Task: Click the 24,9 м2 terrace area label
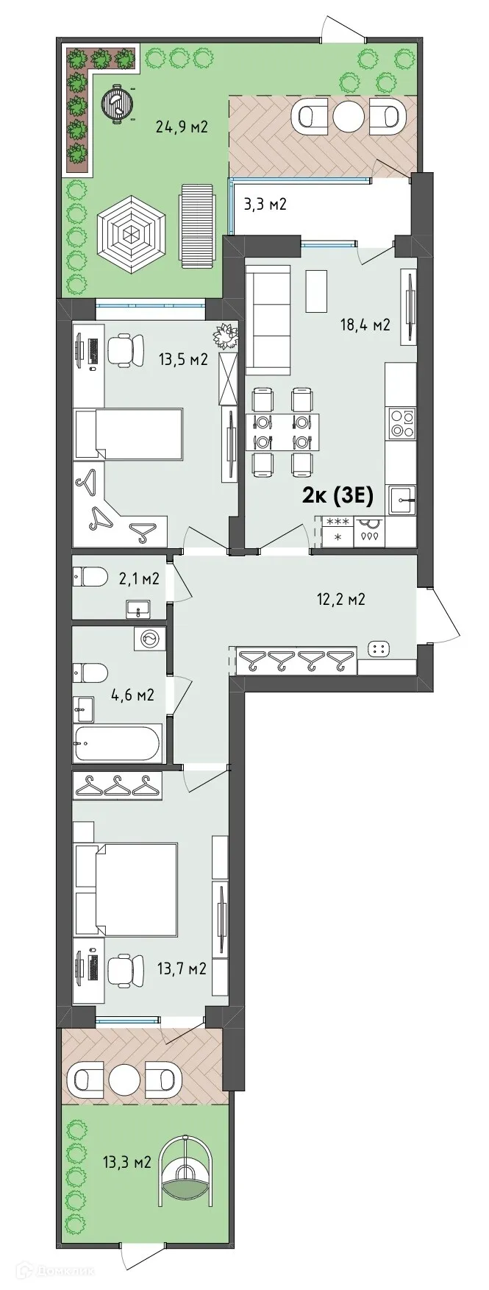coord(182,127)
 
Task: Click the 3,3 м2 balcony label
coord(265,204)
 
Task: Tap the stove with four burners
coord(401,423)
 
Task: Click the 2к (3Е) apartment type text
coord(338,496)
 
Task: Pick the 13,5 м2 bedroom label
coord(183,359)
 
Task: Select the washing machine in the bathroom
coord(149,639)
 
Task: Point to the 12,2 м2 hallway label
coord(341,599)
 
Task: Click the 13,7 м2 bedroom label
coord(182,968)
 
